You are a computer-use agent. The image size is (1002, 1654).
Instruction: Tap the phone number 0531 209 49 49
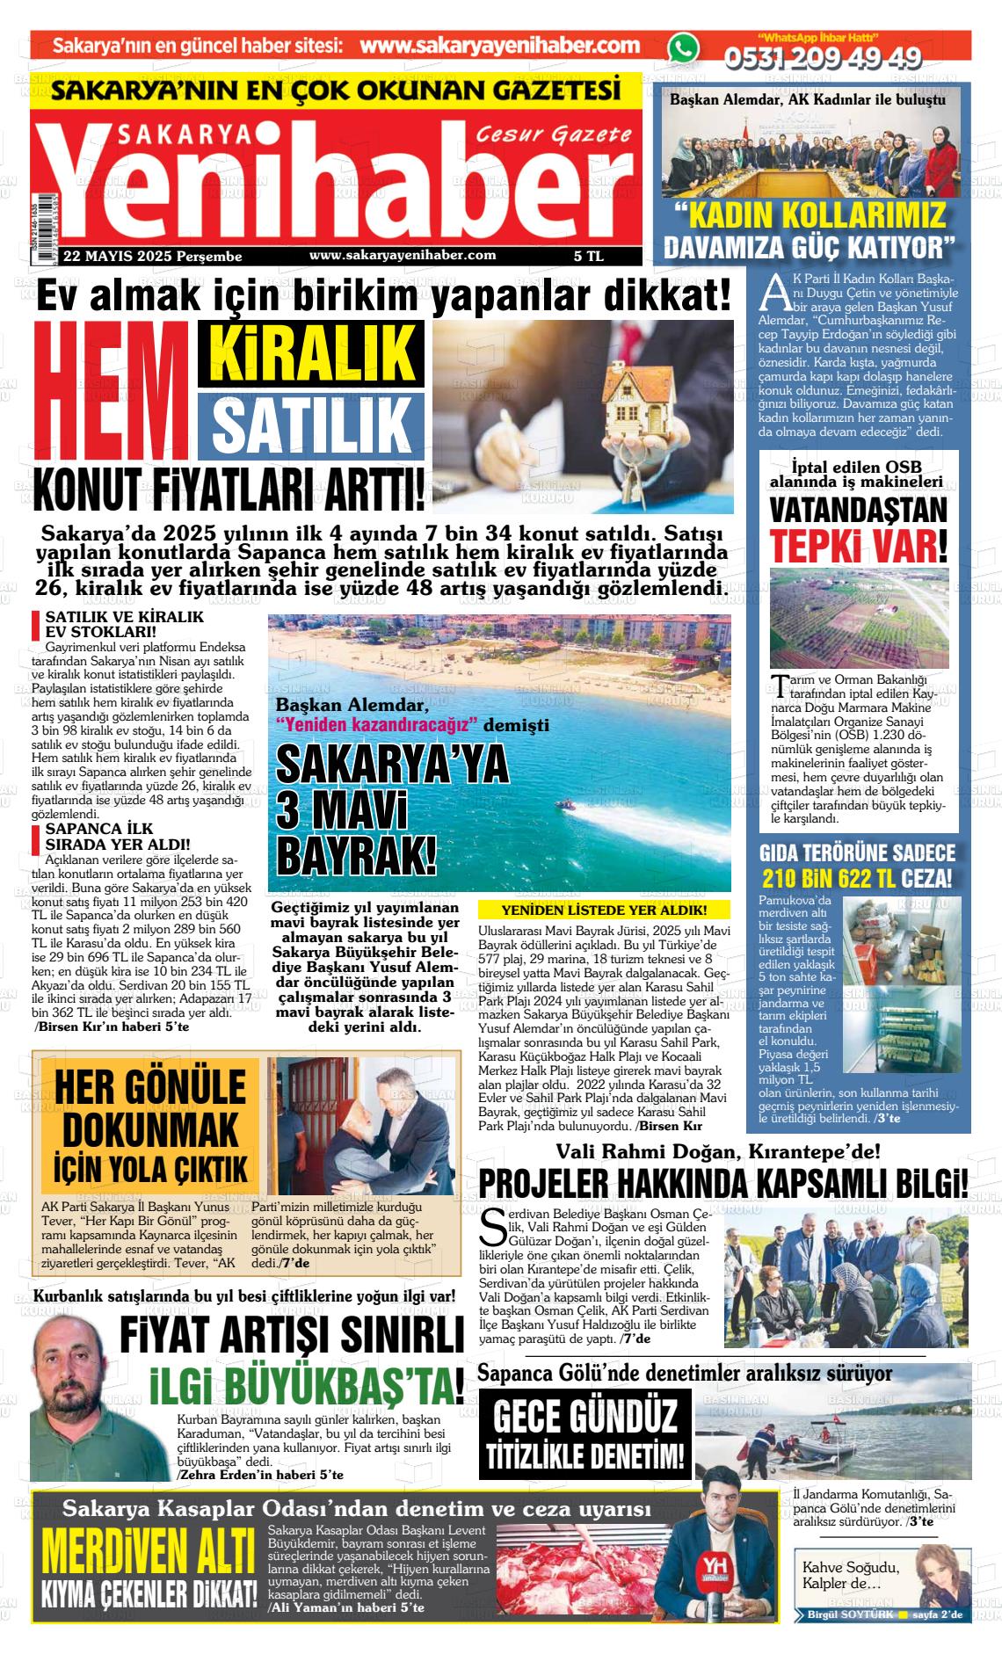(822, 58)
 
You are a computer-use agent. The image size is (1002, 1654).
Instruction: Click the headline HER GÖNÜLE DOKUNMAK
(149, 1110)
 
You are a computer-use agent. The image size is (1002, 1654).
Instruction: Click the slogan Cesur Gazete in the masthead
(554, 134)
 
